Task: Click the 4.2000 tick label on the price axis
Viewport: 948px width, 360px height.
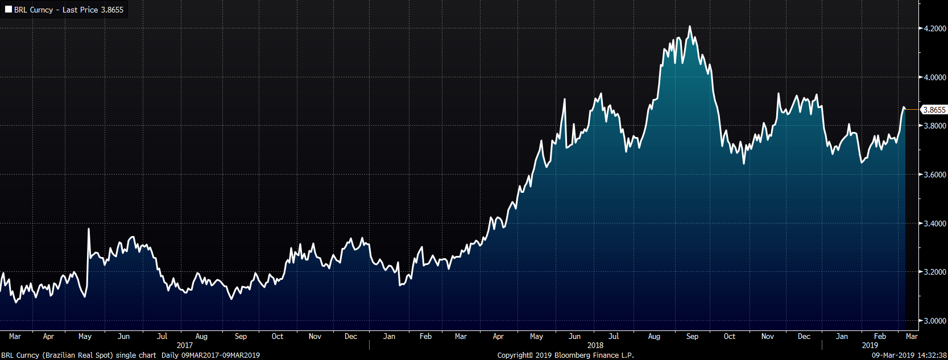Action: [x=934, y=28]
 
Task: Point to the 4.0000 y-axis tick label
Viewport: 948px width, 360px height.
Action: [x=934, y=77]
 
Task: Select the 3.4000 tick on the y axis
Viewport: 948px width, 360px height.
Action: [x=934, y=224]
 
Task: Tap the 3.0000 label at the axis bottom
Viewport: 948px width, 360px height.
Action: [x=934, y=321]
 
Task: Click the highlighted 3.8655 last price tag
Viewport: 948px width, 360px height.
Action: [x=934, y=110]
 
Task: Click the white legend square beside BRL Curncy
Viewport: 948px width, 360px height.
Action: [x=9, y=10]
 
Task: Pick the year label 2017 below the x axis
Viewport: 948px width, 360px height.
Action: [x=185, y=345]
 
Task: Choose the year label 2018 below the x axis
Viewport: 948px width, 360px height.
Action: [x=595, y=345]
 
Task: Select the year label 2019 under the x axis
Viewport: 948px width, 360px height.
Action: [x=870, y=345]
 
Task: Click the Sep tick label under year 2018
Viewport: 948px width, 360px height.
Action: [x=692, y=337]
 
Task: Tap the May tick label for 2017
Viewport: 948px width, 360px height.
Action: [x=85, y=337]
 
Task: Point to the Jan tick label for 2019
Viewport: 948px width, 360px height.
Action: [x=842, y=337]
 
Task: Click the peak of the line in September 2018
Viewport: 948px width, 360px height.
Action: [x=690, y=26]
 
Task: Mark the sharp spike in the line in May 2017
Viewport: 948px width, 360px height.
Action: [x=89, y=229]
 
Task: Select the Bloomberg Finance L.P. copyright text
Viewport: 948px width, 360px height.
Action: [x=565, y=355]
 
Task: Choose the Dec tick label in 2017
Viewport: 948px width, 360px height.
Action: [x=351, y=337]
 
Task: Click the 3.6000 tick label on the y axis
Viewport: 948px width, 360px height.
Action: [x=934, y=175]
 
